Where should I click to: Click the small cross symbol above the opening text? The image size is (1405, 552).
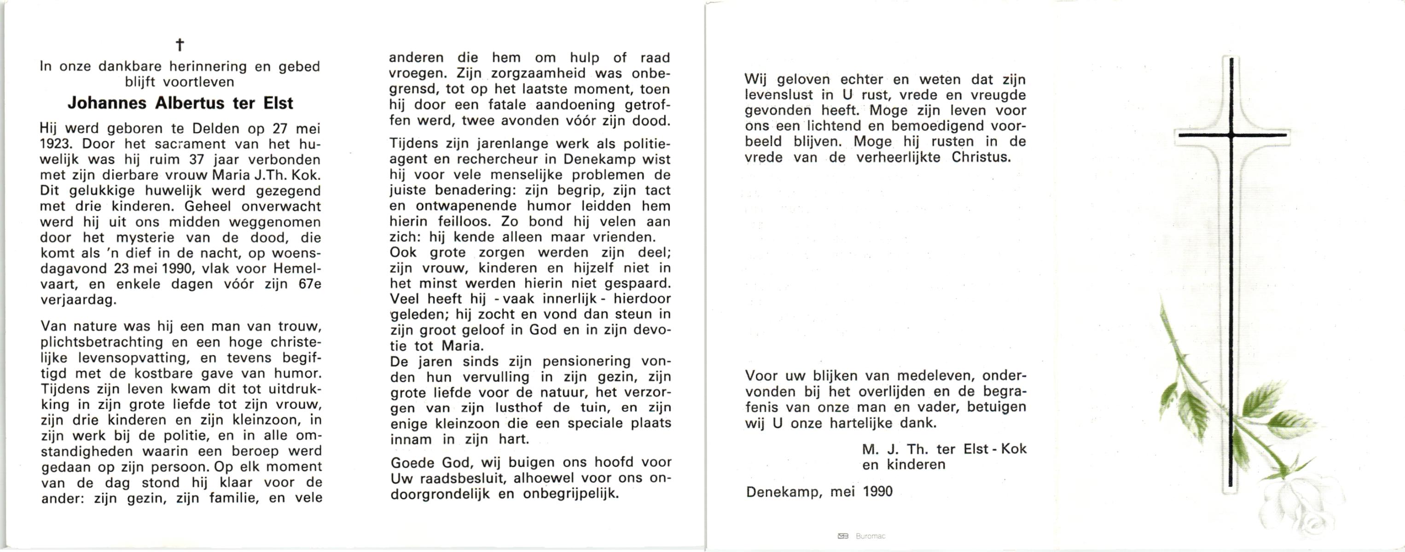pos(180,45)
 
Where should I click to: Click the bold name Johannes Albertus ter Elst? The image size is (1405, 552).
pos(180,103)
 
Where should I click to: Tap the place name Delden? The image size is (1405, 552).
pos(215,129)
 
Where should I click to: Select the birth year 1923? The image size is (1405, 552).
pos(56,144)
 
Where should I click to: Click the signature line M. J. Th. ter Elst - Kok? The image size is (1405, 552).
pos(944,449)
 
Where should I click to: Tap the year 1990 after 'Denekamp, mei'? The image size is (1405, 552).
pos(878,492)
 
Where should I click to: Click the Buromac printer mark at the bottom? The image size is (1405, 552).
pos(870,536)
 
